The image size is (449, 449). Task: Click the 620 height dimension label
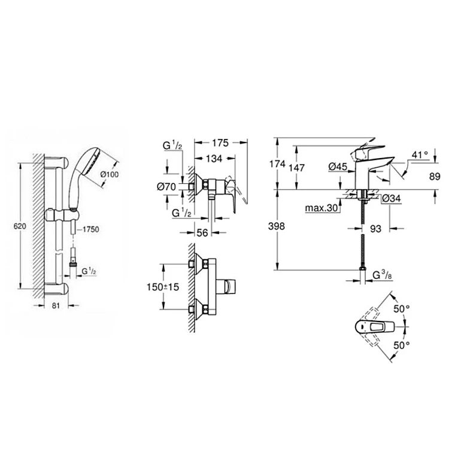pos(20,226)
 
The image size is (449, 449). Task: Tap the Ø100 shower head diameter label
pos(110,174)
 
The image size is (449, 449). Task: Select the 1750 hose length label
pos(91,229)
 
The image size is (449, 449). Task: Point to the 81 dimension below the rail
pos(56,305)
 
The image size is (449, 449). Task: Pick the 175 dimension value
pos(220,142)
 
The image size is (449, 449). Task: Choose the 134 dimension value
pos(214,159)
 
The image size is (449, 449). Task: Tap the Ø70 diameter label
pos(166,187)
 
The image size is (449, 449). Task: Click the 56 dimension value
pos(202,233)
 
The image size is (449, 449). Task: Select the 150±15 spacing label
pos(163,287)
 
